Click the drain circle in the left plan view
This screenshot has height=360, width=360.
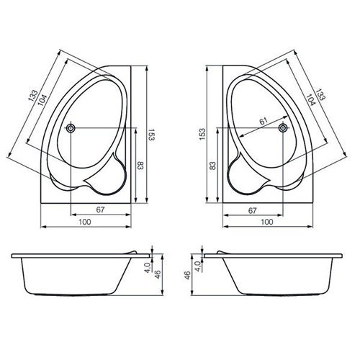click(x=71, y=128)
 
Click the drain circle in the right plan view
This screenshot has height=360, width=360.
click(x=283, y=128)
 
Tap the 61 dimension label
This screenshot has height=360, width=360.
click(x=264, y=121)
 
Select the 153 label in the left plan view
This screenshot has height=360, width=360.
click(x=151, y=135)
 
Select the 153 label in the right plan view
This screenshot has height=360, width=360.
click(x=203, y=135)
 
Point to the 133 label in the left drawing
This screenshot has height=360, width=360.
click(x=33, y=96)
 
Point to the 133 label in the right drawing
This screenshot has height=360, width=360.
click(x=320, y=94)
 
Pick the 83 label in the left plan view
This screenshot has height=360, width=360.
click(x=140, y=166)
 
